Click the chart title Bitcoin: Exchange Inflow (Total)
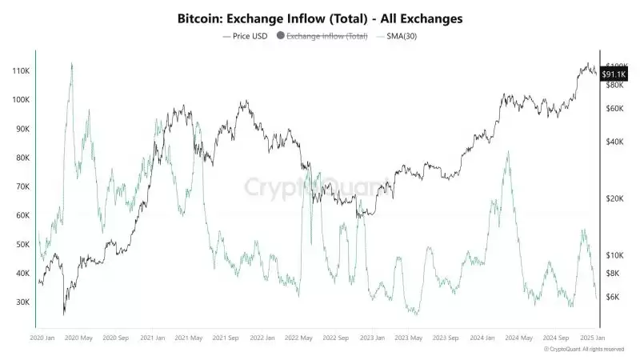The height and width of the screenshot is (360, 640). [319, 17]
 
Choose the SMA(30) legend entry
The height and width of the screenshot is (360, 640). [400, 36]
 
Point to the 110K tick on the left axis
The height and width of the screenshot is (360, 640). [19, 71]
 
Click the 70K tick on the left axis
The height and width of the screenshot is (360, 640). [21, 186]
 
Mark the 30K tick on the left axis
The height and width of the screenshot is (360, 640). [21, 302]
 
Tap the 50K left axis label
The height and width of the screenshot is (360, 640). [21, 244]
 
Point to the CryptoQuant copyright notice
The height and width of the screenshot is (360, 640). [584, 350]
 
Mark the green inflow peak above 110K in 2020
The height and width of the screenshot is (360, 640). [72, 64]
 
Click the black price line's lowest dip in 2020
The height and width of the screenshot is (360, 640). [64, 314]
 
